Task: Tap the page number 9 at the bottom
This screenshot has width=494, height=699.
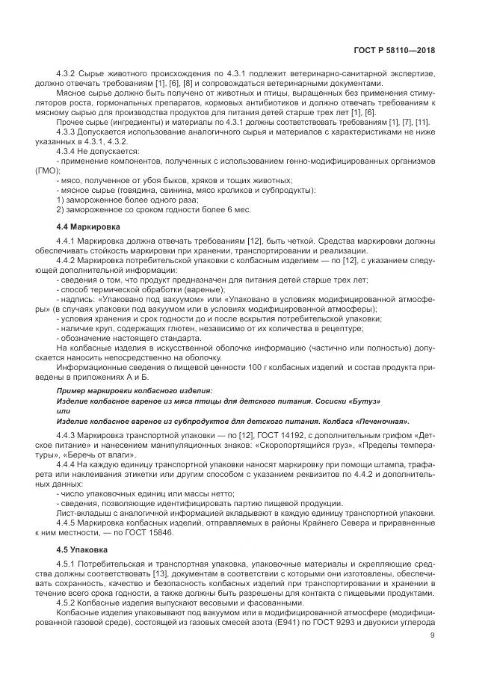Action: pos(432,635)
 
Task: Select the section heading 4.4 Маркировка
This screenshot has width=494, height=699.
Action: pos(88,225)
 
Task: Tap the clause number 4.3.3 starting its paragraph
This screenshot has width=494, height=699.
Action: pos(68,132)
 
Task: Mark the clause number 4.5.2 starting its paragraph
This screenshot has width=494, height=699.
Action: pos(68,603)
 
